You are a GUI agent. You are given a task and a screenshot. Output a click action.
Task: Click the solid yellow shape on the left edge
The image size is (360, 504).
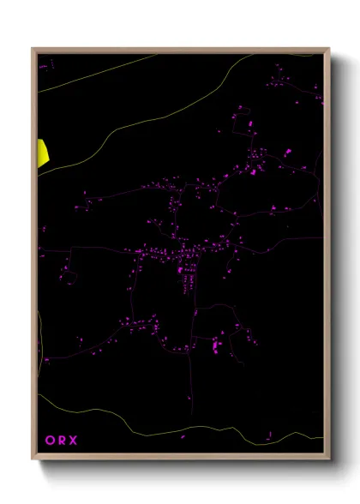pos(42,153)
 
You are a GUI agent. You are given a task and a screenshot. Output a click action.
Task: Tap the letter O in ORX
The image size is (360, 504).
pos(50,441)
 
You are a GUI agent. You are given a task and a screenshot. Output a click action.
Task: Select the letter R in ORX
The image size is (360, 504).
pos(62,441)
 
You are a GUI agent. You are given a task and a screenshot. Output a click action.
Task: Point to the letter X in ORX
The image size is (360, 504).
pos(74,441)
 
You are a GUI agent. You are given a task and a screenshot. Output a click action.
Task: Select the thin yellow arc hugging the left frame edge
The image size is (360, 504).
pos(39,334)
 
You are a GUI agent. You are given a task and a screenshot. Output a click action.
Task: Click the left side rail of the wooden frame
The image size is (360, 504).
pos(34,257)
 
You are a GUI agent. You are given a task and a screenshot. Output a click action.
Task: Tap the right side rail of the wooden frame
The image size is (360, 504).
pos(327,257)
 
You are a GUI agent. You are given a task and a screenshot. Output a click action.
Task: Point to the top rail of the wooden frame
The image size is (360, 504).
pos(180,50)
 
